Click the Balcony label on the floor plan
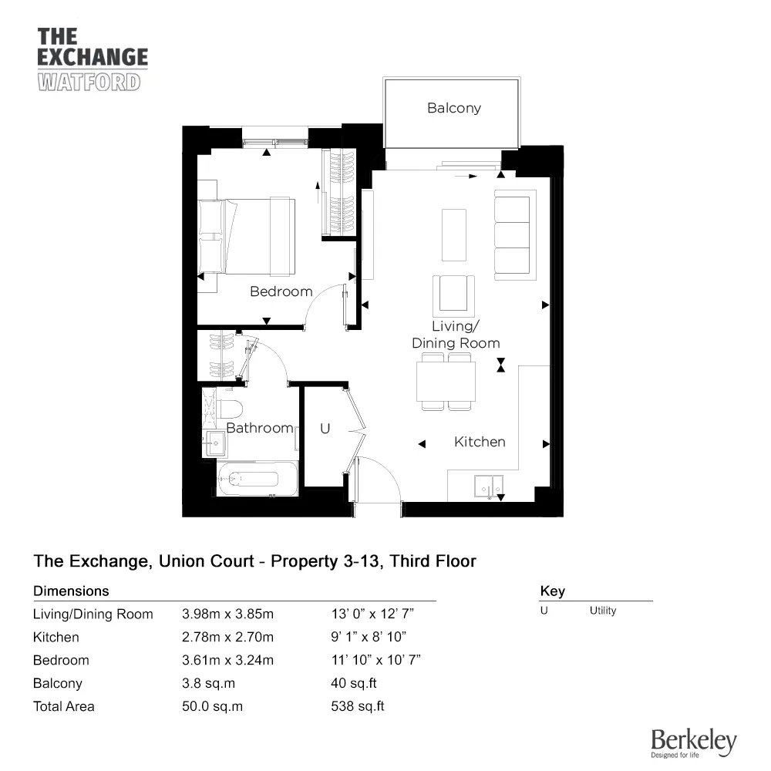point(454,108)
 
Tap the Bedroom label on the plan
point(281,291)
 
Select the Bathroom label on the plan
point(260,428)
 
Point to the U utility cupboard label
point(325,429)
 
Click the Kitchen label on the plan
point(480,442)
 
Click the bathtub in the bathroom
point(258,479)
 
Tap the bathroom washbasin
point(216,443)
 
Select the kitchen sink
point(489,486)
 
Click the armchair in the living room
point(453,295)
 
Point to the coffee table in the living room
point(454,235)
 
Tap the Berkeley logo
point(694,743)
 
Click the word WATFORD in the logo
point(89,82)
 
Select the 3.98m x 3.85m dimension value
point(227,614)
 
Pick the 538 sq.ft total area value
point(358,706)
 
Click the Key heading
point(553,591)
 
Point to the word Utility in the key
point(603,611)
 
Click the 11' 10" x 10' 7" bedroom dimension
point(376,660)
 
